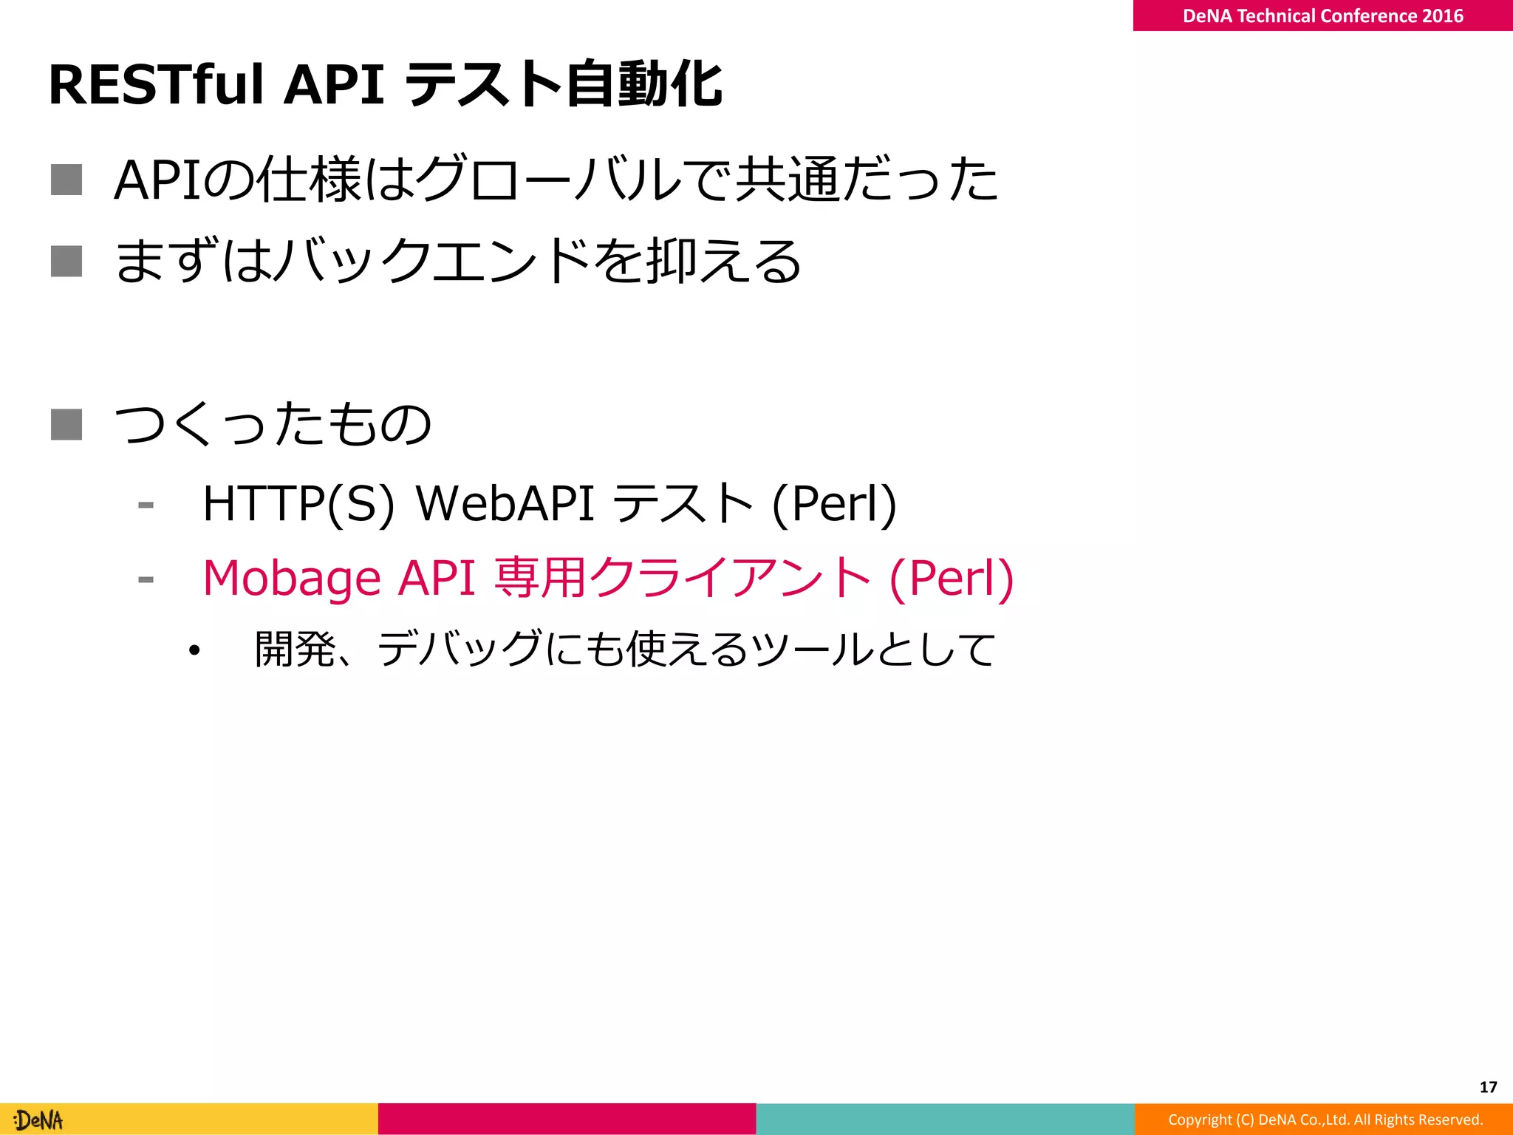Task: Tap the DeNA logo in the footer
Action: tap(39, 1120)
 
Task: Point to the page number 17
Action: tap(1488, 1087)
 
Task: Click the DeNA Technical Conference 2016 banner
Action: tap(1322, 16)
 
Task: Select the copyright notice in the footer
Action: tap(1325, 1119)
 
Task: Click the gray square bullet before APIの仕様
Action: tap(66, 180)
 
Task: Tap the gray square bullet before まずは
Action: tap(66, 261)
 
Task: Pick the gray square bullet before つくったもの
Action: tap(66, 424)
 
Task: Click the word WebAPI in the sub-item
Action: tap(505, 504)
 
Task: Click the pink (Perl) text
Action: tap(952, 579)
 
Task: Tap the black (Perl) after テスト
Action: tap(834, 505)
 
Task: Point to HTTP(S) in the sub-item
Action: tap(298, 504)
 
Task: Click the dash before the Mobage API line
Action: tap(146, 579)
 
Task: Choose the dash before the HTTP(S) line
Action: tap(146, 505)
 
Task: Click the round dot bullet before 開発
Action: tap(194, 650)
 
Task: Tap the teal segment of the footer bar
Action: tap(945, 1119)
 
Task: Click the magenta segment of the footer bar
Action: tap(567, 1119)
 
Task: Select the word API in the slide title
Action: tap(334, 85)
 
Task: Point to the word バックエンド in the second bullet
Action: tap(436, 261)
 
